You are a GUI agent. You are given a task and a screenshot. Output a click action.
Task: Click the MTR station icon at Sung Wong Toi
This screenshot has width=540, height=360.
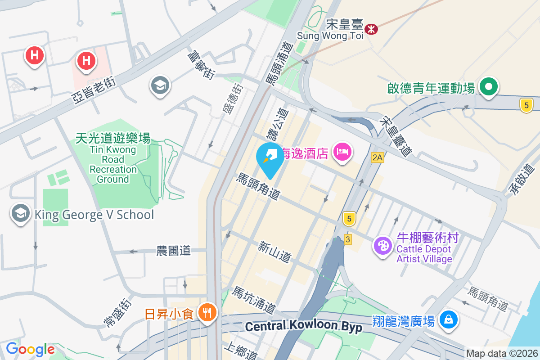coord(371,29)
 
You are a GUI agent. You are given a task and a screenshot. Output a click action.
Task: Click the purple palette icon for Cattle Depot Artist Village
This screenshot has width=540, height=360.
coord(383,246)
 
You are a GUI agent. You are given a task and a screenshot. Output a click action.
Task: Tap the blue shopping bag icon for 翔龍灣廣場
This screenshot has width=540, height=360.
coord(449,320)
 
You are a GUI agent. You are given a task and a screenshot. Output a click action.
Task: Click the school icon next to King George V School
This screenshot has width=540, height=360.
coord(20,214)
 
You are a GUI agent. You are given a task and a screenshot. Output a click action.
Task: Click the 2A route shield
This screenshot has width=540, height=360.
coord(377,157)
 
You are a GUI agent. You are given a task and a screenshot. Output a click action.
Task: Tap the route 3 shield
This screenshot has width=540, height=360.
coord(347,239)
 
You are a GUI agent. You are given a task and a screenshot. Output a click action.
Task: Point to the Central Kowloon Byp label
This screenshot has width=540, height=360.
coord(304,326)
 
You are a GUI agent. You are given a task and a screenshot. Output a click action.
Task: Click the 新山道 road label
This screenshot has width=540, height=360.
coord(274,252)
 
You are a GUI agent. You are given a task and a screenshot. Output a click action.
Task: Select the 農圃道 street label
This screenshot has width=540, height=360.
coord(174,251)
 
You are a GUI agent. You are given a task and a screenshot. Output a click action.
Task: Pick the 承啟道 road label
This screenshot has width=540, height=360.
coord(521,180)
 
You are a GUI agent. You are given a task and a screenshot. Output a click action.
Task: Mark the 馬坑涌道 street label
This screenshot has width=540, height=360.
coord(253,300)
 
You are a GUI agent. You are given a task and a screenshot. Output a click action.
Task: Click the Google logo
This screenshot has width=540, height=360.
coord(30,349)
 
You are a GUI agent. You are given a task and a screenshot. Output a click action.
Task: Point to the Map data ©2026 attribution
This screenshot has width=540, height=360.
coord(502,353)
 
